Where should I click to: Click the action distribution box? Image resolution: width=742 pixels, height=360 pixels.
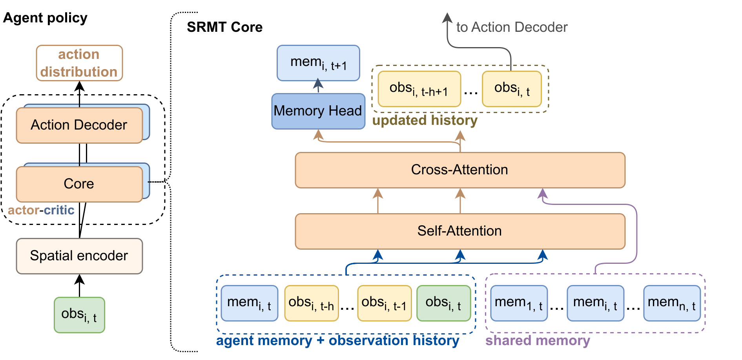point(79,63)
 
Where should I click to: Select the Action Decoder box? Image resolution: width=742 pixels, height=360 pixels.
point(79,125)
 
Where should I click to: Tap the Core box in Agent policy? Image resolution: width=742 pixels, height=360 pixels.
point(79,184)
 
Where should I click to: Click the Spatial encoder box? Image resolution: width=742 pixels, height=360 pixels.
point(79,256)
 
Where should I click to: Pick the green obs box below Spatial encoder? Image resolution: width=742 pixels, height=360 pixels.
point(79,315)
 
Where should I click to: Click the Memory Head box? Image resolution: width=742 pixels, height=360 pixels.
point(318,111)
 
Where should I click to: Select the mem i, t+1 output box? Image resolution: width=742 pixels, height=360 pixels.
point(318,63)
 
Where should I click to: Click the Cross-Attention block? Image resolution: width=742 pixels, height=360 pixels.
point(459,170)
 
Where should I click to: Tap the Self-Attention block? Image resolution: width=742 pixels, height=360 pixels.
point(459,231)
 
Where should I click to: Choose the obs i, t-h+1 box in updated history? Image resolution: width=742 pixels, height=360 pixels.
point(419,89)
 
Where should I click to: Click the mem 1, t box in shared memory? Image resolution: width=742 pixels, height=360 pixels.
point(518,303)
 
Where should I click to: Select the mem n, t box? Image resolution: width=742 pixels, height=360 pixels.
point(671,303)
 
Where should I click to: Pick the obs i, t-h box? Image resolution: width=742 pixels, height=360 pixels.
point(311,303)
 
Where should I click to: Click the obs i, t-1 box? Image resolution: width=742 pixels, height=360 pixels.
point(384,303)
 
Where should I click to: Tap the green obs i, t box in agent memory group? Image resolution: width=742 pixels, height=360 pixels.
point(443,303)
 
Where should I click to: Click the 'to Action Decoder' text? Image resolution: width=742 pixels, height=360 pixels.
point(511,27)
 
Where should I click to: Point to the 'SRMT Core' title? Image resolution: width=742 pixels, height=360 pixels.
point(224,27)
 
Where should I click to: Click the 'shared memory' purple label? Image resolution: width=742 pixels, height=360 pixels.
point(537,340)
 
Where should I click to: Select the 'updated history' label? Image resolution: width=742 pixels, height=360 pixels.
point(425,120)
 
